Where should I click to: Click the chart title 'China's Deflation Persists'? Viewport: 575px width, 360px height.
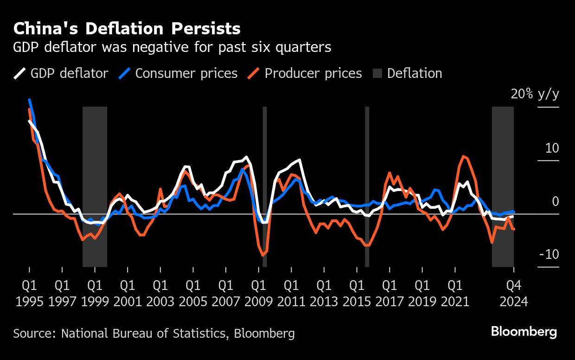[127, 29]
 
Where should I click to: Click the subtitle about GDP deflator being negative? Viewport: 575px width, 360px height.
[172, 47]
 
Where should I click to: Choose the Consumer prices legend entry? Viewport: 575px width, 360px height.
[179, 73]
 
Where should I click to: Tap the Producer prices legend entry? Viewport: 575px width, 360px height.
[305, 73]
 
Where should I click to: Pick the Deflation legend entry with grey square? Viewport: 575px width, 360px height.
[407, 73]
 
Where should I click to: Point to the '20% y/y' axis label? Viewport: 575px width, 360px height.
[535, 95]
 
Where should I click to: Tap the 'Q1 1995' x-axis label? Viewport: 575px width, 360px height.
[29, 293]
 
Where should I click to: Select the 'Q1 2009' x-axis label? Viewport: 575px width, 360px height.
[258, 293]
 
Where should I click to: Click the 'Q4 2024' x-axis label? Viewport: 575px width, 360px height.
[513, 293]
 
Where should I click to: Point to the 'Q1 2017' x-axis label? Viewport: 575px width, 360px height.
[390, 293]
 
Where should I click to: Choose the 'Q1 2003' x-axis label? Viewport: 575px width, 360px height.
[160, 293]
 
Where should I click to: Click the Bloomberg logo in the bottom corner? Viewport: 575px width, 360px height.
[524, 332]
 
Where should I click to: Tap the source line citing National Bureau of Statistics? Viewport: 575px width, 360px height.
[153, 333]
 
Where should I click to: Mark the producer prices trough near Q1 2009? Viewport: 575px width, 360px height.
[262, 255]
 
